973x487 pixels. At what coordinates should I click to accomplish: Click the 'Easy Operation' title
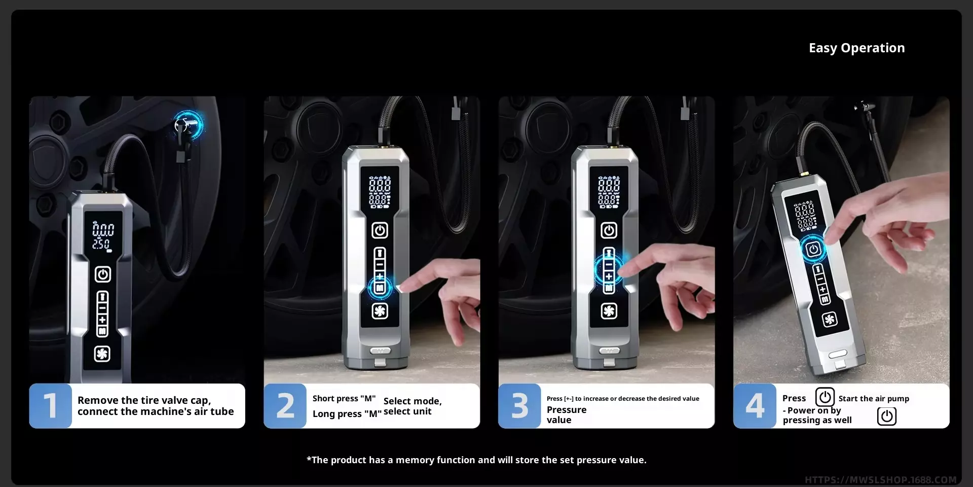pyautogui.click(x=856, y=48)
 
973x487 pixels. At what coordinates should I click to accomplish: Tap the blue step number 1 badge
pyautogui.click(x=50, y=406)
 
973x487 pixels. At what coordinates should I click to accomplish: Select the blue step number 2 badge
pyautogui.click(x=285, y=406)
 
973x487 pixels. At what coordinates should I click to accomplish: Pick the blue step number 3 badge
pyautogui.click(x=520, y=406)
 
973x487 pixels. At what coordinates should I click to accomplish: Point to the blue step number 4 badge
pyautogui.click(x=755, y=406)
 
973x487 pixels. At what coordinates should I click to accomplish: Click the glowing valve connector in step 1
pyautogui.click(x=188, y=125)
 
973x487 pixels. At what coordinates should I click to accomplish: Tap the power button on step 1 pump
pyautogui.click(x=103, y=274)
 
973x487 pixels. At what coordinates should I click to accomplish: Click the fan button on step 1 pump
pyautogui.click(x=102, y=354)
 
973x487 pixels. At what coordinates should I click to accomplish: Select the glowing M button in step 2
pyautogui.click(x=380, y=288)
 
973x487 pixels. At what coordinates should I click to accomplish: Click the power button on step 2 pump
pyautogui.click(x=380, y=231)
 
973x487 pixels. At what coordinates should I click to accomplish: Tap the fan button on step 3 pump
pyautogui.click(x=609, y=311)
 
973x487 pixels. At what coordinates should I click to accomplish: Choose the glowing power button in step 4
pyautogui.click(x=813, y=249)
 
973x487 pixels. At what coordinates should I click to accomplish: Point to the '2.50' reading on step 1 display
pyautogui.click(x=101, y=245)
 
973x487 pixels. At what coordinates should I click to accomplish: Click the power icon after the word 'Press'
pyautogui.click(x=825, y=397)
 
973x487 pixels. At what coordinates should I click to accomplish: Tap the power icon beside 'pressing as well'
pyautogui.click(x=887, y=416)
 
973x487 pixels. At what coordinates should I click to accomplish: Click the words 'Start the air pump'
pyautogui.click(x=874, y=399)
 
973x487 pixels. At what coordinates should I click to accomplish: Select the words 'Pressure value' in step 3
pyautogui.click(x=567, y=415)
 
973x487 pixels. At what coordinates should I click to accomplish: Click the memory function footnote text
pyautogui.click(x=476, y=460)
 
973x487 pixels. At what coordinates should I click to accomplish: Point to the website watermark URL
pyautogui.click(x=881, y=480)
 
